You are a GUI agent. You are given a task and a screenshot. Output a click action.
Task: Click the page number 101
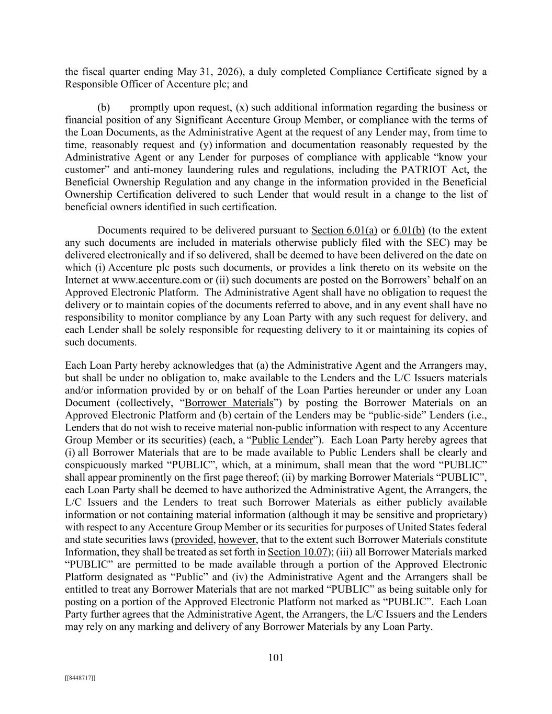[276, 658]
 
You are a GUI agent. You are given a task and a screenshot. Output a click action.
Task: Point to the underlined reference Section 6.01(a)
[344, 230]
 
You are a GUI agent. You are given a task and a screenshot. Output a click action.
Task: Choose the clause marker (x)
[241, 108]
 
